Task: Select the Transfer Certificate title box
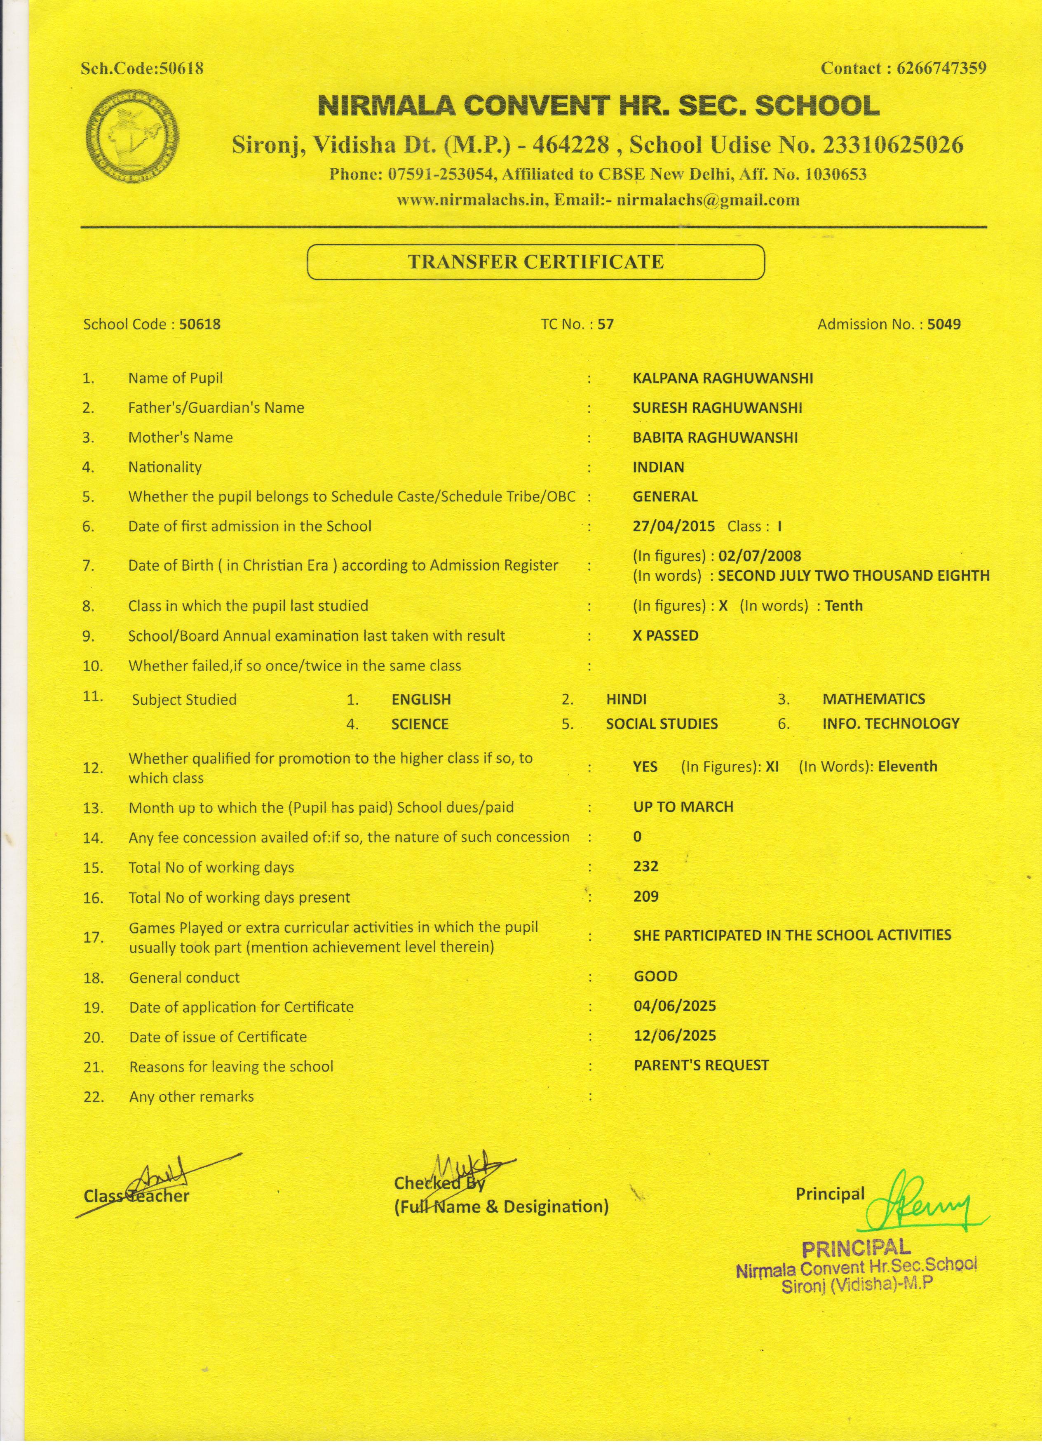coord(535,262)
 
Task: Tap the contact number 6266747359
coord(941,68)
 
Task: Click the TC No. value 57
coord(605,324)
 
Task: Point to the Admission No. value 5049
coord(944,324)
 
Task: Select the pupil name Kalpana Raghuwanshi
coord(722,378)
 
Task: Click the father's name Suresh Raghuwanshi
coord(717,408)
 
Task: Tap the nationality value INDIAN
coord(658,467)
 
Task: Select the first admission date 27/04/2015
coord(674,527)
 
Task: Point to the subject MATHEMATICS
coord(873,699)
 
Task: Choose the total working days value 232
coord(645,866)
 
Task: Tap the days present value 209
coord(645,896)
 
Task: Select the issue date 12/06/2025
coord(674,1035)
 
